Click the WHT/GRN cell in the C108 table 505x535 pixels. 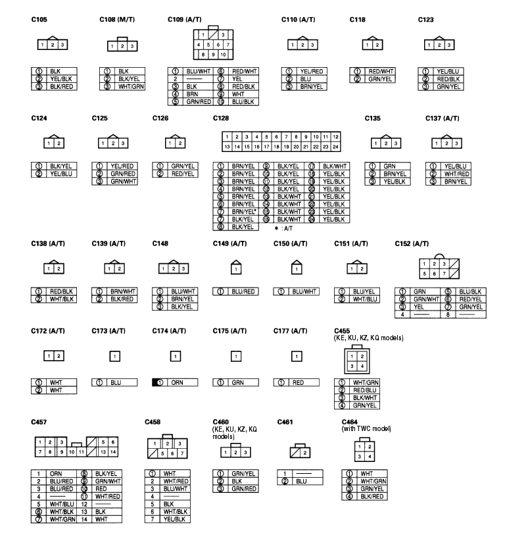[128, 86]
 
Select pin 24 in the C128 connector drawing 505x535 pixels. [336, 145]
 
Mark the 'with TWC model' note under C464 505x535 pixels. [366, 429]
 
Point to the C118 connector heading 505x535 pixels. [358, 19]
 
